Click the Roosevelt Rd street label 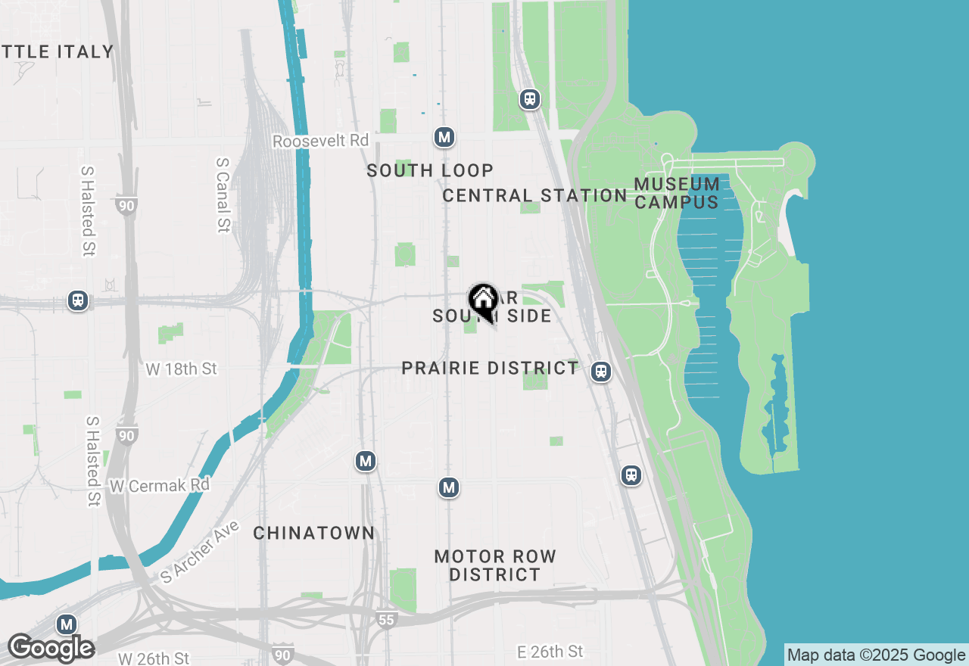pos(320,141)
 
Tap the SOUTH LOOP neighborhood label pos(430,170)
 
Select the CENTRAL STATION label pos(534,195)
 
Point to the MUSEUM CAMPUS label pos(677,193)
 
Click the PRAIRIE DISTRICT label pos(490,368)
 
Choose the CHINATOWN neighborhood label pos(313,533)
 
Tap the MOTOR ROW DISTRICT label pos(495,565)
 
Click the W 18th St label pos(182,369)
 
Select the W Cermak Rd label pos(159,485)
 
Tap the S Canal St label pos(223,195)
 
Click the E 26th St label pos(550,652)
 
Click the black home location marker pos(483,300)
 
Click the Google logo pos(51,648)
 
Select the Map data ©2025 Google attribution pos(876,655)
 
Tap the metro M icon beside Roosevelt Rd pos(444,137)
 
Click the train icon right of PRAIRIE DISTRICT pos(601,372)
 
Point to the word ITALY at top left pos(85,51)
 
